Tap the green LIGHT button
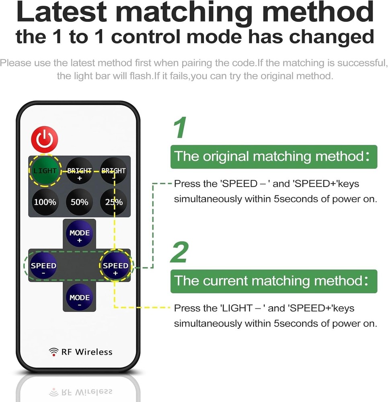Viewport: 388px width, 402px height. pyautogui.click(x=45, y=170)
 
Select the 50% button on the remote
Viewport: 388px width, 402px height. pyautogui.click(x=79, y=202)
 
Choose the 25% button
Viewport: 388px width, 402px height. pyautogui.click(x=113, y=202)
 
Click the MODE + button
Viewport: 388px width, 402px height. pyautogui.click(x=79, y=236)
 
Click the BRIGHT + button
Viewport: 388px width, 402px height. pyautogui.click(x=79, y=173)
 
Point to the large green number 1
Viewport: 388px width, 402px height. pyautogui.click(x=180, y=128)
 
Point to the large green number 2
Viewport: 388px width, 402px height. pyautogui.click(x=180, y=252)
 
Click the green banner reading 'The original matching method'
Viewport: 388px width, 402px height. pyautogui.click(x=273, y=156)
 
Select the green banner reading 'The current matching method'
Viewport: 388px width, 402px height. pyautogui.click(x=273, y=281)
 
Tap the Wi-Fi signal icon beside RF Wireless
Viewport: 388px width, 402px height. pyautogui.click(x=53, y=352)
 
